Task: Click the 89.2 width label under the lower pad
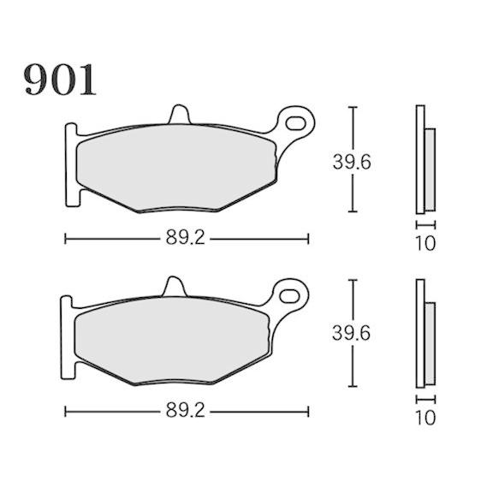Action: pos(186,411)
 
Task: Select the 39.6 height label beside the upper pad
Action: pos(351,161)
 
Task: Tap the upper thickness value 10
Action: pos(425,243)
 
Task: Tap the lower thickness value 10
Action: pos(425,418)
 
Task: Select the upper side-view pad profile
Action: pos(423,160)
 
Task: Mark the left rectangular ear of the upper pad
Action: pos(72,163)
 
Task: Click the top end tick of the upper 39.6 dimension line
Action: pos(352,108)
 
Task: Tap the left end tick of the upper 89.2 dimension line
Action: pos(66,238)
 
